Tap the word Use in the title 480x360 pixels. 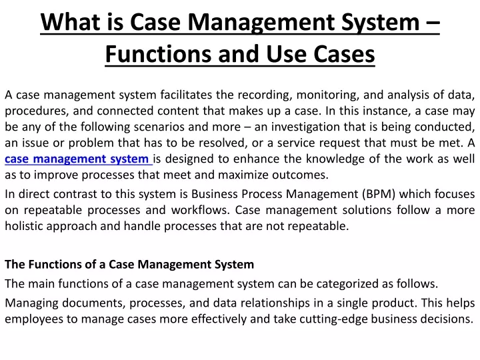(x=286, y=54)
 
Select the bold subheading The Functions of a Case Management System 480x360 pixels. (x=129, y=264)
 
